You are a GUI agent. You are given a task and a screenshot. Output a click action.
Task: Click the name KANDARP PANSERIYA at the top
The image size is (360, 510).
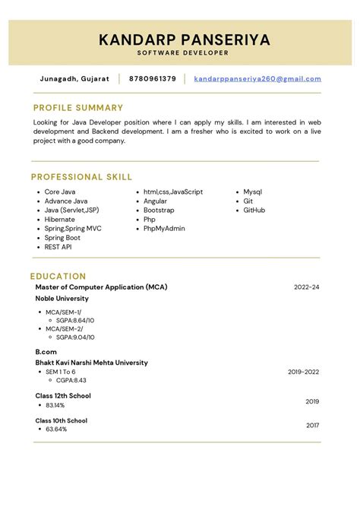point(184,40)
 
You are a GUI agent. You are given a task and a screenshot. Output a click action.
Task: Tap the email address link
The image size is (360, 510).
point(257,78)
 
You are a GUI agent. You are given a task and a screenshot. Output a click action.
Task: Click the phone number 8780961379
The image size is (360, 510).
point(153,78)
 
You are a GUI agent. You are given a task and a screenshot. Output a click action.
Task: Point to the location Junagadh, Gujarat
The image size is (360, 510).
point(74,78)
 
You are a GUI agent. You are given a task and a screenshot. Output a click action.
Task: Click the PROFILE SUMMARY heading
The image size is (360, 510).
point(78,108)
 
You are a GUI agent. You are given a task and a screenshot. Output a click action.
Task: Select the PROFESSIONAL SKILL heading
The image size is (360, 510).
point(81,177)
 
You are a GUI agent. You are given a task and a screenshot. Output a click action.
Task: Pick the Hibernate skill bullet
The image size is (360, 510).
point(59,220)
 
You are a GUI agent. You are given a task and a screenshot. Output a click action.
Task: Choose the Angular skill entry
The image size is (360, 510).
point(155,201)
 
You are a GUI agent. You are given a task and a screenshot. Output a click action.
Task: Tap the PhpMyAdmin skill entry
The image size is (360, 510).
point(164,229)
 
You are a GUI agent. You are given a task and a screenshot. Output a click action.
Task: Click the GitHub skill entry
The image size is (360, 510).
point(254,211)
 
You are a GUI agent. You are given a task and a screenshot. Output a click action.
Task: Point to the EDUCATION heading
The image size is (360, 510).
point(58,277)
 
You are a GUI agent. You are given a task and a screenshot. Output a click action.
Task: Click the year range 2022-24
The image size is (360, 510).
point(306,287)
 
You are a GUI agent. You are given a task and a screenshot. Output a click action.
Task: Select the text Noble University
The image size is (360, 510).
point(62,299)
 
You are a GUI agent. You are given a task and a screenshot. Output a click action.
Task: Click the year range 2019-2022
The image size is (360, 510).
point(303,372)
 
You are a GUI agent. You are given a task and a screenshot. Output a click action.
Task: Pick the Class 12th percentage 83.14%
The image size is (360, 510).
point(55,405)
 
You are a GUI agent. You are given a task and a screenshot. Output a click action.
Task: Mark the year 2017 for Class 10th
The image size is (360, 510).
point(312,426)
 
